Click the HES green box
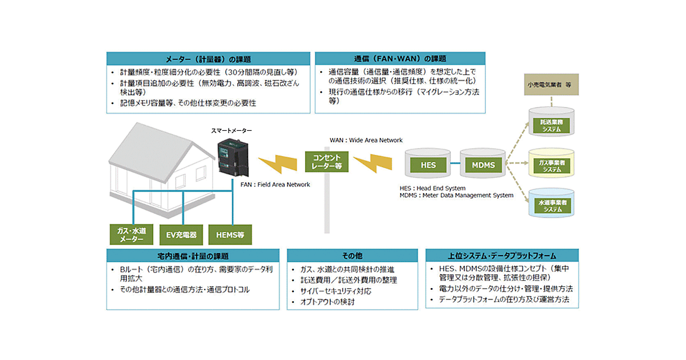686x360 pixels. point(428,165)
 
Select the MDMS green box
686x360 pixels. point(483,165)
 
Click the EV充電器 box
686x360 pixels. point(182,234)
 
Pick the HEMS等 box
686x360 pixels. point(230,234)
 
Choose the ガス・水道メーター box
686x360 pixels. point(131,234)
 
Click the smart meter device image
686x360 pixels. point(233,157)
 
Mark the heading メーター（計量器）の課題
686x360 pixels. point(208,59)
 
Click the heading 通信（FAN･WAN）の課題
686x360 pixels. point(400,59)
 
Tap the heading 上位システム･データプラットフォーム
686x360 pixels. point(501,256)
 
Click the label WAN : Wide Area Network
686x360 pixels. point(366,140)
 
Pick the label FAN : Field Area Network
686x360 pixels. point(275,185)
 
